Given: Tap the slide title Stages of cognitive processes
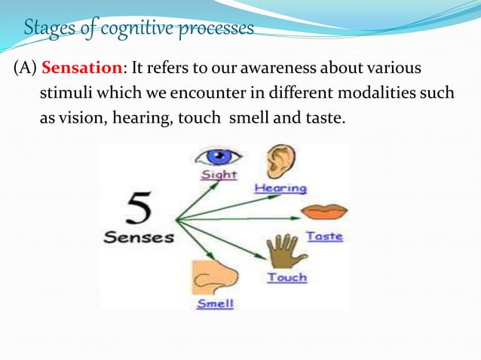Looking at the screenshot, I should [139, 29].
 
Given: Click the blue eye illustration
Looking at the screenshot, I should [218, 157].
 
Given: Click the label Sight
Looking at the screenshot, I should [218, 175].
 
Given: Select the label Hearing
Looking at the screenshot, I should [280, 188].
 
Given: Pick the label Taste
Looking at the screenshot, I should [324, 236].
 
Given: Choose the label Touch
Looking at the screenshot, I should [286, 277].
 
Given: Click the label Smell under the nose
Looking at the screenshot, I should [215, 304].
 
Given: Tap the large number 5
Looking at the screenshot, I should [138, 210].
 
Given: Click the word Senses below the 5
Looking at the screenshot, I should [139, 237].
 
